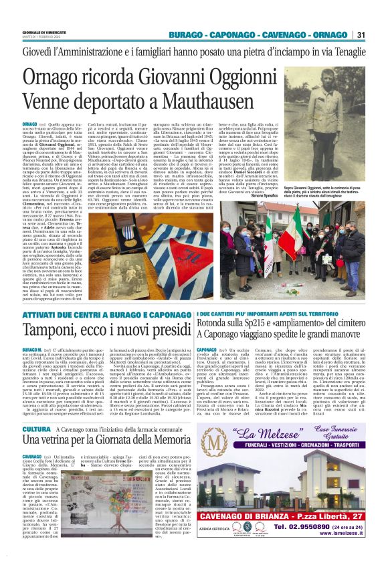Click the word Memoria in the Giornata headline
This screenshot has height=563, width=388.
click(x=163, y=441)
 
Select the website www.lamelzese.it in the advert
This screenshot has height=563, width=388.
click(x=351, y=540)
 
